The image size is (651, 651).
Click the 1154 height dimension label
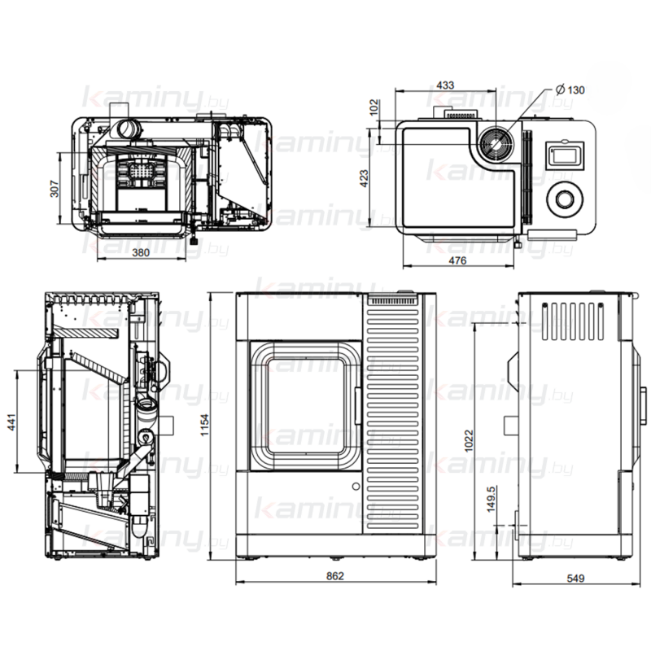[205, 425]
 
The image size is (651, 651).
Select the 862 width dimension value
[335, 576]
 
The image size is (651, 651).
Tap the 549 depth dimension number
[575, 578]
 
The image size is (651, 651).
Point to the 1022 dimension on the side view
[469, 440]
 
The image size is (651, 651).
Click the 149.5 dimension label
[491, 499]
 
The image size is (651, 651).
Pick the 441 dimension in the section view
[11, 422]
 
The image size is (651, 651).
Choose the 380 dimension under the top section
[140, 252]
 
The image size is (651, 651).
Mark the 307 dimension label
[55, 189]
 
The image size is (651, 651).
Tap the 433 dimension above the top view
[445, 85]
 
